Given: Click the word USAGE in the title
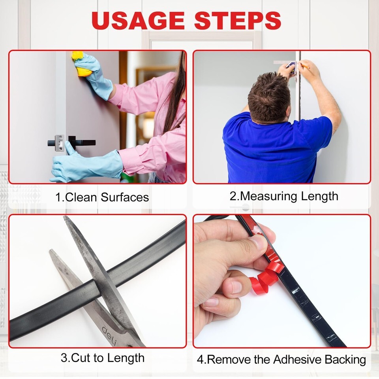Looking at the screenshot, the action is (x=138, y=20).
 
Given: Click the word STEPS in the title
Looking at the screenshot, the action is (x=238, y=20).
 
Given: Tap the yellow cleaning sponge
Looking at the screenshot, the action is (x=81, y=64).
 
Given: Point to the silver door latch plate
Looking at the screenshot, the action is (x=60, y=143).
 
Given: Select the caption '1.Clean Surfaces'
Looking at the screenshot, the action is (x=102, y=197).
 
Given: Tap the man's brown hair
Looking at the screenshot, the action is (x=269, y=97).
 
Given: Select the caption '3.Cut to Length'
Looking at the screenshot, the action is (x=103, y=358).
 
